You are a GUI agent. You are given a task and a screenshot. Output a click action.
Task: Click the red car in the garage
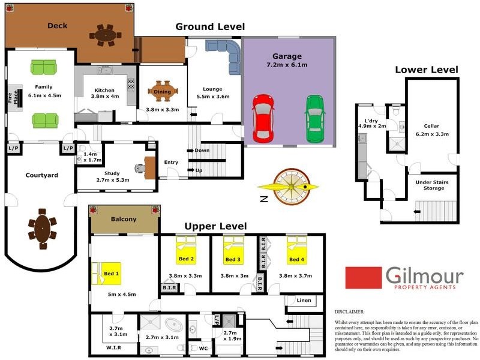263,118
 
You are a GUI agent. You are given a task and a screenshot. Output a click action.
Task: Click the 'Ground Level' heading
210,27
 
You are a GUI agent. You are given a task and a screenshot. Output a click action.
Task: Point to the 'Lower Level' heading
426,70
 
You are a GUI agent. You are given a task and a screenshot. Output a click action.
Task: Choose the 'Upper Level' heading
215,226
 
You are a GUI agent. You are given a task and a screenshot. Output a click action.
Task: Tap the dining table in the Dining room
163,92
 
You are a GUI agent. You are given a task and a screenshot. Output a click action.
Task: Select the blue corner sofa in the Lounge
226,52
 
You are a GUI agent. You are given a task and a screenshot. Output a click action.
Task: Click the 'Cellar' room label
431,125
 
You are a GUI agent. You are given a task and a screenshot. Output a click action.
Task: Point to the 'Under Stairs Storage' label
431,185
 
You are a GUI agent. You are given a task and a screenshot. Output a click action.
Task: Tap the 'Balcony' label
124,219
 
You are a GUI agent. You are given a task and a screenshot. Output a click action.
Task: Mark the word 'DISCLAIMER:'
350,312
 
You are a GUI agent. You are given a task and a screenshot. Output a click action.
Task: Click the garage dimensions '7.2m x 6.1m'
287,64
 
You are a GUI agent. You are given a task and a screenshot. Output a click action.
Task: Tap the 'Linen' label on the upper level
304,300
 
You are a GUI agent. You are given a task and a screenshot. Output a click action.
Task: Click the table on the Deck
107,35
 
